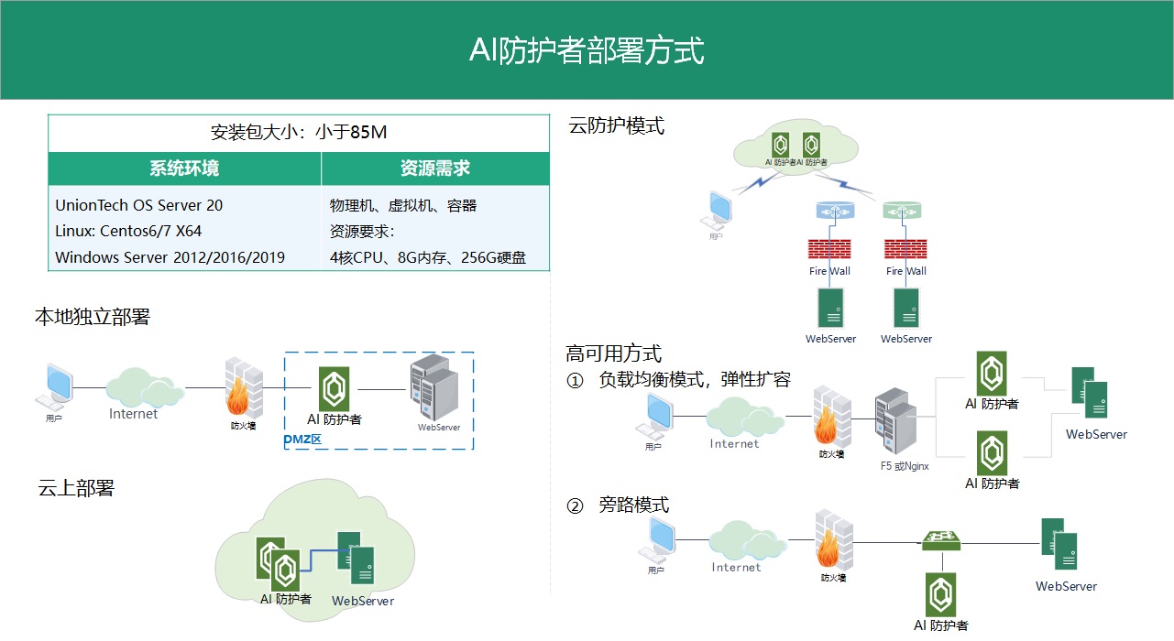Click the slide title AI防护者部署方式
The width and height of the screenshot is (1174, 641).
pyautogui.click(x=587, y=50)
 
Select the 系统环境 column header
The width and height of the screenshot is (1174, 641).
pyautogui.click(x=184, y=168)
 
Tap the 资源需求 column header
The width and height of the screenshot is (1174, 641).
pyautogui.click(x=435, y=168)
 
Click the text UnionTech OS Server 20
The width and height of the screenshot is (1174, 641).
pyautogui.click(x=138, y=205)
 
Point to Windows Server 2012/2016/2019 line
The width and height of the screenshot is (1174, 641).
pyautogui.click(x=170, y=257)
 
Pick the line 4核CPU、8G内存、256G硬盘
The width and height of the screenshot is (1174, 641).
pyautogui.click(x=428, y=257)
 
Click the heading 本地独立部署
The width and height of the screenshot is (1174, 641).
pyautogui.click(x=92, y=317)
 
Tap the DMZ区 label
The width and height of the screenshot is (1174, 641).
pyautogui.click(x=303, y=440)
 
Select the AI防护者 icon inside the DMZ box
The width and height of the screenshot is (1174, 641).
pyautogui.click(x=335, y=389)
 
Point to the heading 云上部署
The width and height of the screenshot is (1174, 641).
pyautogui.click(x=76, y=488)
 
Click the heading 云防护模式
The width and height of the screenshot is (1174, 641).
pyautogui.click(x=617, y=125)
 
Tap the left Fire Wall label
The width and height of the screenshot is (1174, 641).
pyautogui.click(x=829, y=271)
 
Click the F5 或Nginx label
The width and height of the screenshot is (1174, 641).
pyautogui.click(x=905, y=466)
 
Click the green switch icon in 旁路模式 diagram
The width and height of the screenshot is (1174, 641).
pyautogui.click(x=942, y=540)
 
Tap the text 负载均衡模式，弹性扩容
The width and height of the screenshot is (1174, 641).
pyautogui.click(x=695, y=379)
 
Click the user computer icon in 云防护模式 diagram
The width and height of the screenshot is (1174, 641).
pyautogui.click(x=721, y=210)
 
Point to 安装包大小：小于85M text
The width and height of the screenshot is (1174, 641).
pyautogui.click(x=299, y=132)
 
